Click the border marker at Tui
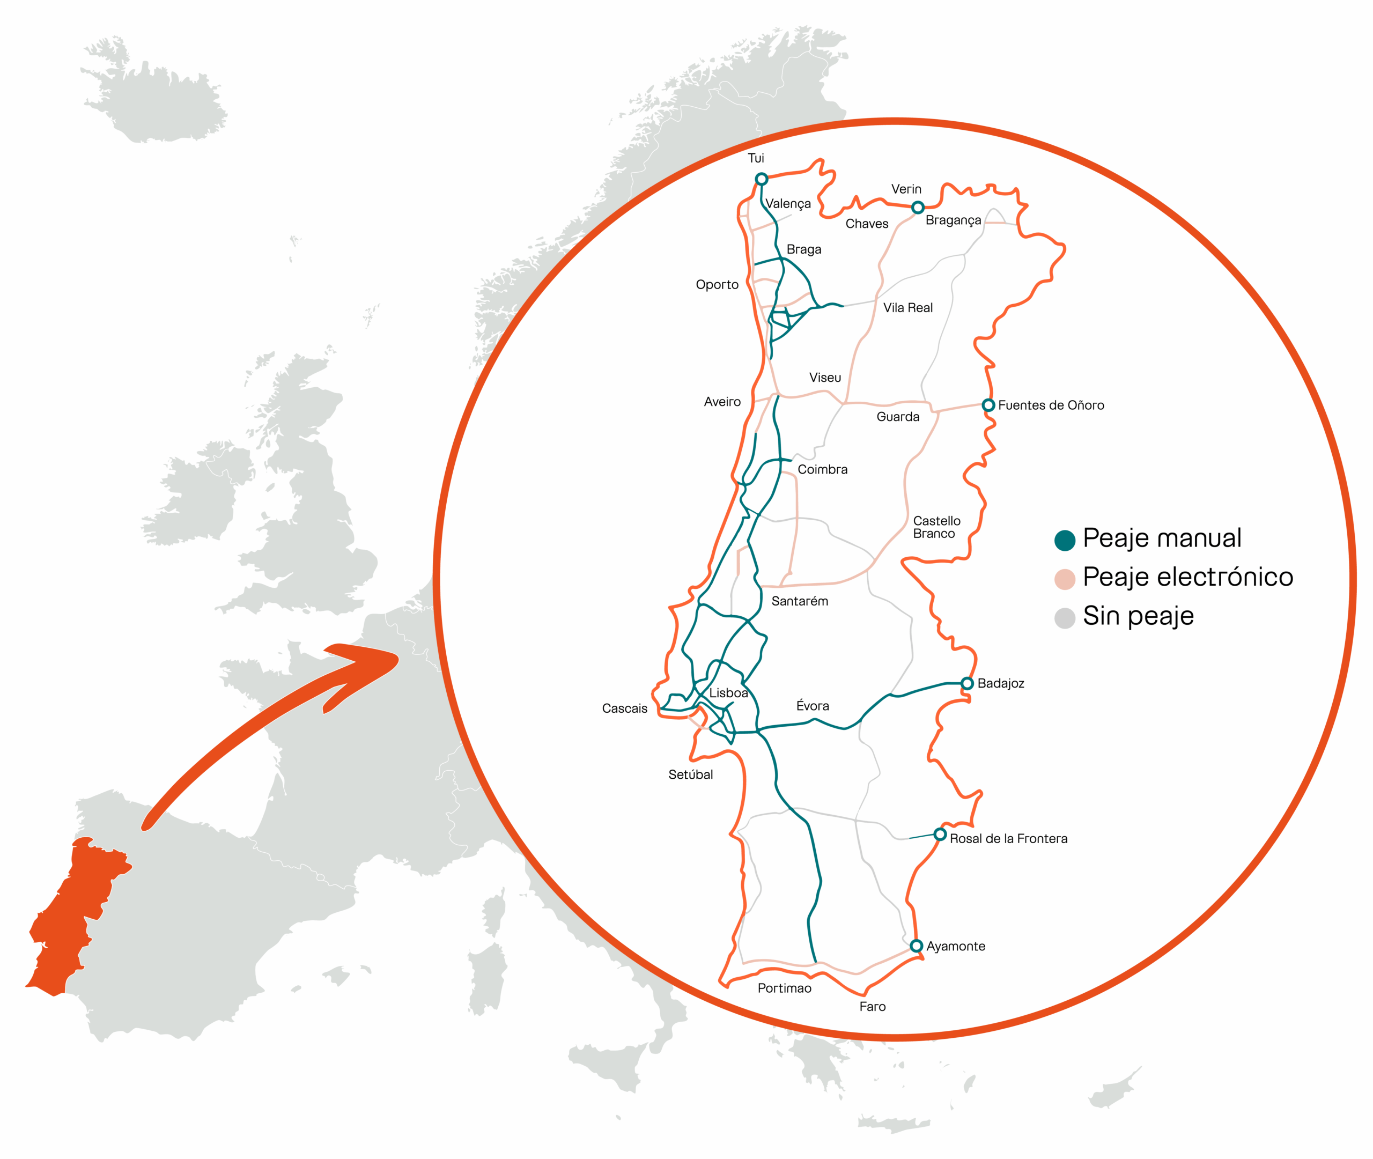click(x=761, y=179)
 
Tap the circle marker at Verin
click(x=918, y=208)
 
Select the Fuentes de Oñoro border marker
click(x=988, y=405)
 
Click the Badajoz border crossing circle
click(x=967, y=683)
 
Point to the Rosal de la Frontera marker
click(x=940, y=835)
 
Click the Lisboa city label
click(x=728, y=693)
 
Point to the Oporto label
click(x=717, y=284)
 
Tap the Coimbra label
click(x=823, y=470)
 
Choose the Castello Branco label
click(x=936, y=527)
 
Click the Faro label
click(x=873, y=1007)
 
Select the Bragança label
click(x=953, y=220)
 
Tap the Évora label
click(x=813, y=706)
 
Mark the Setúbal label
click(x=690, y=774)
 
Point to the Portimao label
click(x=785, y=988)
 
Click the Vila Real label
click(x=908, y=307)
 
